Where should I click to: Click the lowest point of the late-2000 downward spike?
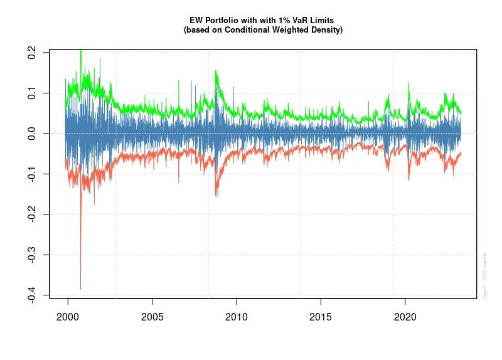(80, 289)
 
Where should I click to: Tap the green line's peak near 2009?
(216, 71)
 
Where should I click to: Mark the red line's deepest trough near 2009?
(216, 196)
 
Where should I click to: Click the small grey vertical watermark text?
(485, 275)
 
